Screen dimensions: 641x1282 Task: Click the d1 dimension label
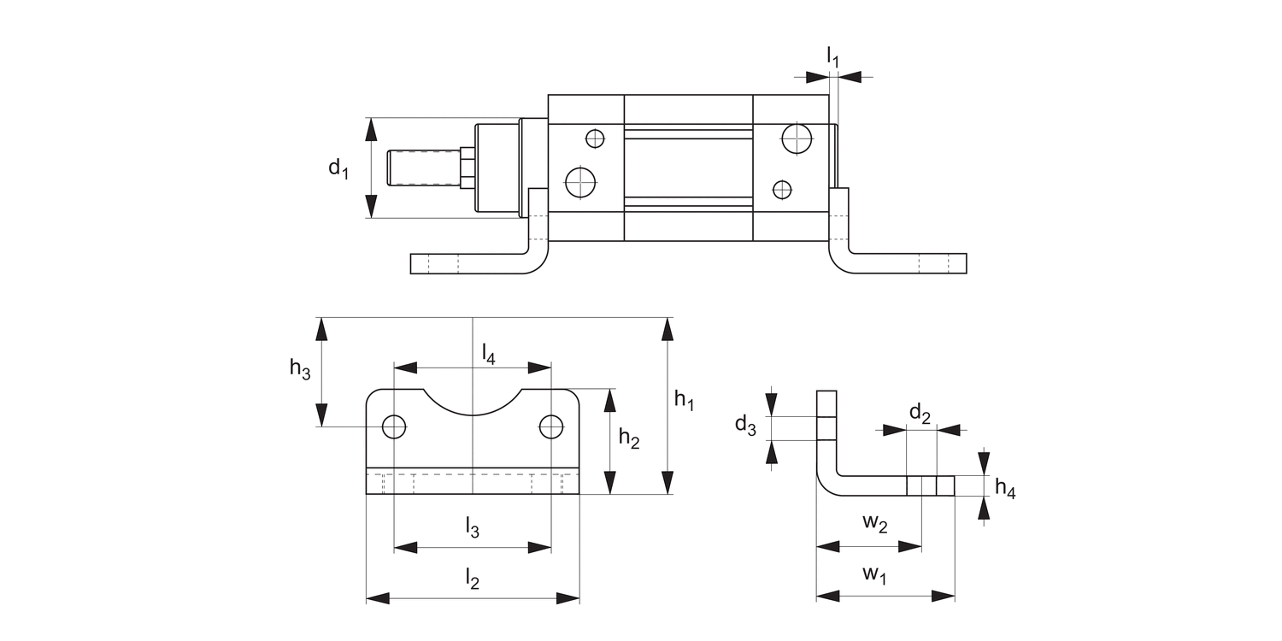338,168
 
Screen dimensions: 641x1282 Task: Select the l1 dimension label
832,57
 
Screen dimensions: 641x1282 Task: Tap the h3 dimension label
299,369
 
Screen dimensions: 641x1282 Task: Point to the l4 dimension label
488,353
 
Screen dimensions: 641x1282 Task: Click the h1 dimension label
684,399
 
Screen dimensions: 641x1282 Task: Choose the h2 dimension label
629,438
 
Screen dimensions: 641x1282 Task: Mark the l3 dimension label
472,528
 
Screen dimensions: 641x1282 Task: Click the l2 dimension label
472,579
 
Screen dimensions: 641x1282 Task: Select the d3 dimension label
745,426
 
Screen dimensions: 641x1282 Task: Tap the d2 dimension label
920,415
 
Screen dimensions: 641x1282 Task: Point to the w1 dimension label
874,574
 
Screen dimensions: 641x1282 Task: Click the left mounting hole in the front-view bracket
394,426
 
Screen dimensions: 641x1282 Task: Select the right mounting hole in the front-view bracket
551,426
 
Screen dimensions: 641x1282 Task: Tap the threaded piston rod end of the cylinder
423,168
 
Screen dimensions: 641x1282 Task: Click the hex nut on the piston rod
467,168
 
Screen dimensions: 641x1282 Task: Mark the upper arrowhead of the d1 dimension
371,129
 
